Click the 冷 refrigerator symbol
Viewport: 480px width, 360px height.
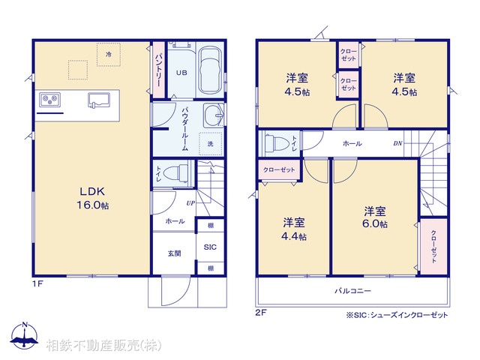pos(109,55)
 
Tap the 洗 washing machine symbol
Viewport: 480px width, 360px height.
pos(210,142)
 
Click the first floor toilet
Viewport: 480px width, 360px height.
pos(174,173)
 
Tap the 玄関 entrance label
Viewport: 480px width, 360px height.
pos(174,253)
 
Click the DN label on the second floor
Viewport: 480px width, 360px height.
pos(397,143)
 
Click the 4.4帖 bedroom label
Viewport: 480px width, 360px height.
pos(294,229)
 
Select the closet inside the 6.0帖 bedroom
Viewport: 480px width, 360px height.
pos(433,244)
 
